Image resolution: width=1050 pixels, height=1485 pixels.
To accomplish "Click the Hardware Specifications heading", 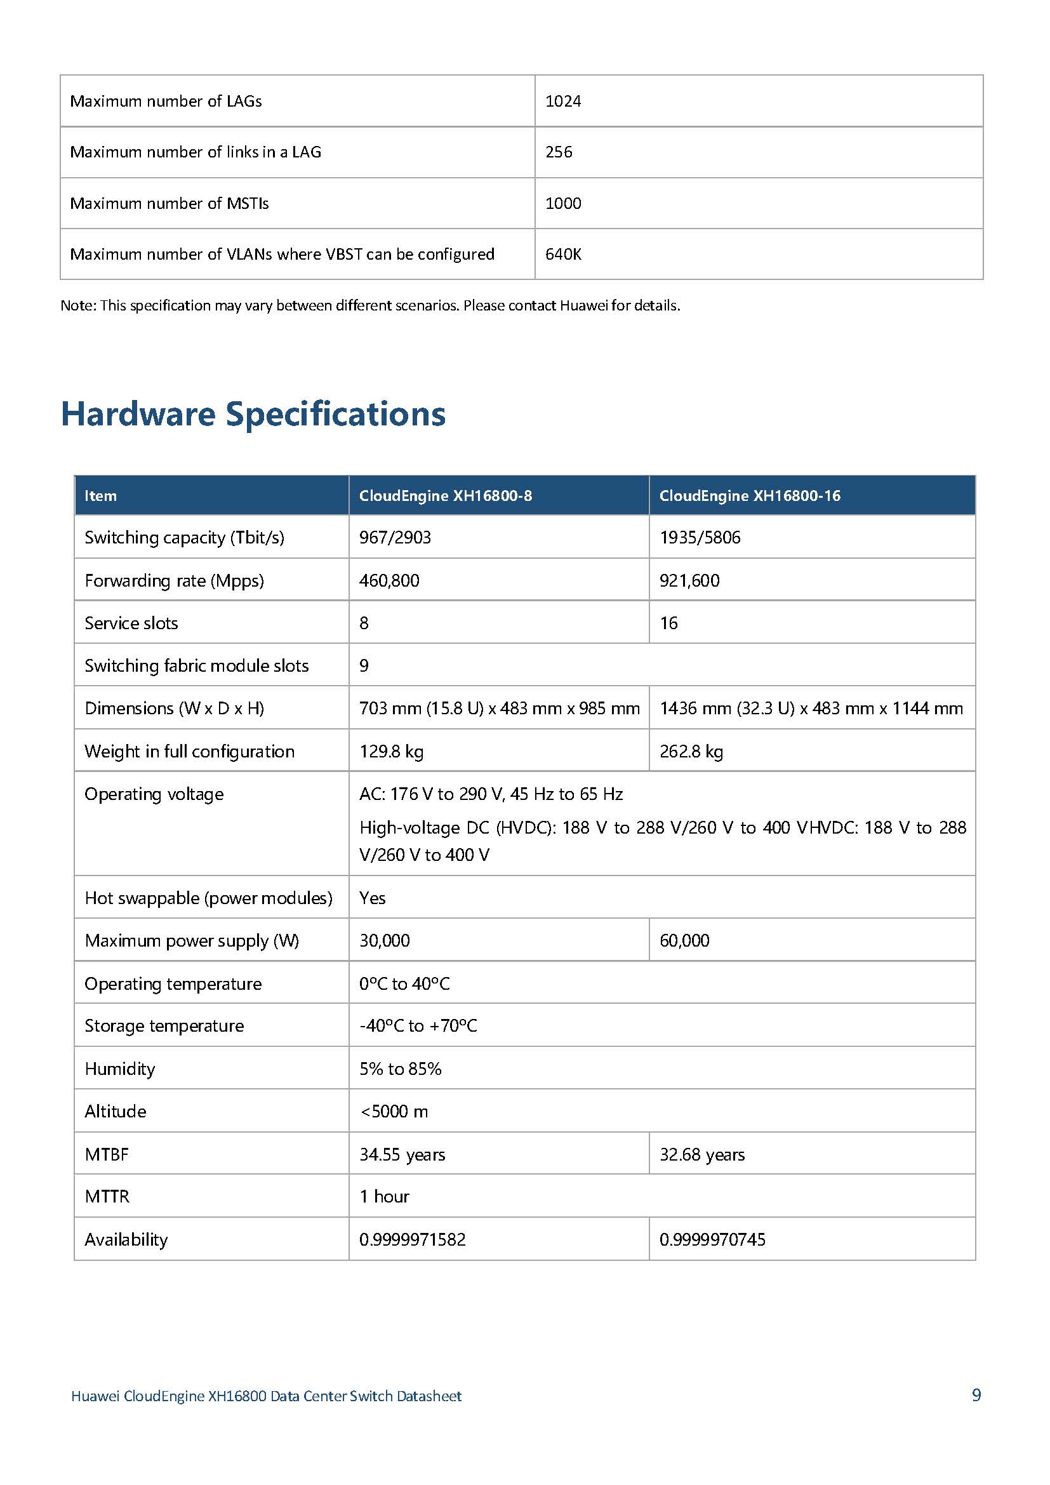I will click(x=253, y=414).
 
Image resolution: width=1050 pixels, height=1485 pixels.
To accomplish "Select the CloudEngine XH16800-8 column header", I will click(x=446, y=496).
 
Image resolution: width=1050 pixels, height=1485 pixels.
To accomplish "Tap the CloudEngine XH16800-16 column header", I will click(x=749, y=496).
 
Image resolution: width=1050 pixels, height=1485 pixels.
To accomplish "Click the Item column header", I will click(x=101, y=496).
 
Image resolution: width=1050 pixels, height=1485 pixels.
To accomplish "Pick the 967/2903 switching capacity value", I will click(x=395, y=538).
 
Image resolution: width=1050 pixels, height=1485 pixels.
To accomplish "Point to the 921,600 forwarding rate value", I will click(x=689, y=581).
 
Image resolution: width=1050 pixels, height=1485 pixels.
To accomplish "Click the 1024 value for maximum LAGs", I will click(x=563, y=102).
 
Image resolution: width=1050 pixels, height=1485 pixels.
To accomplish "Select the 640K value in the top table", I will click(x=563, y=254).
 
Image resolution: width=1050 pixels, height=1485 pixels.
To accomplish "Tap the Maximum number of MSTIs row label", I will click(x=169, y=204).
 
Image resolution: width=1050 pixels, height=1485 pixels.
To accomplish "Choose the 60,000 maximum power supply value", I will click(x=684, y=940).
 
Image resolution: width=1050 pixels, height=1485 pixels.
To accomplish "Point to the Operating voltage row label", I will click(x=154, y=794).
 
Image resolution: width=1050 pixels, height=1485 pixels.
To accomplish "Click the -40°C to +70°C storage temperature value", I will click(x=418, y=1026).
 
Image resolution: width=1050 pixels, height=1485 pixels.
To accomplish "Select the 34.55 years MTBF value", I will click(x=402, y=1154).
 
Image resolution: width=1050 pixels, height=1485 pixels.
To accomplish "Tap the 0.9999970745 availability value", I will click(x=712, y=1239).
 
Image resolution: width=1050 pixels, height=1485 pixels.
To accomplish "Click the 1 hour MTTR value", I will click(x=384, y=1197).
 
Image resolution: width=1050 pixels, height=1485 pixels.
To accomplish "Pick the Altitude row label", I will click(x=115, y=1111).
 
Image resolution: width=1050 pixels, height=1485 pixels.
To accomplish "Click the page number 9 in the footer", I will click(x=976, y=1394).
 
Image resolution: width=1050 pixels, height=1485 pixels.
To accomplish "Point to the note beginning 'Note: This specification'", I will click(x=370, y=305).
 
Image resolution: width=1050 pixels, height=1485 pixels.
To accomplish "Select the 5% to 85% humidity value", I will click(x=400, y=1069).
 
